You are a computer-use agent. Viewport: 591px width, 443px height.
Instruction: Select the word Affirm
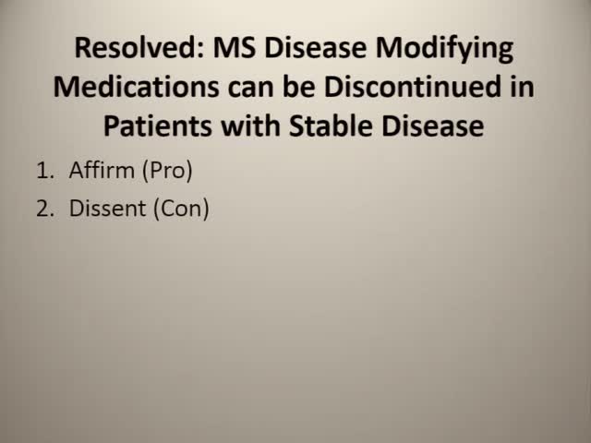pyautogui.click(x=102, y=171)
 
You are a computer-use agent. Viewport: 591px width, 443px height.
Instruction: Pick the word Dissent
pyautogui.click(x=107, y=209)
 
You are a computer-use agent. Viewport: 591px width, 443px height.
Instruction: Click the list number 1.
pyautogui.click(x=43, y=171)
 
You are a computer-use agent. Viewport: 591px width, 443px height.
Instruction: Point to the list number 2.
pyautogui.click(x=43, y=209)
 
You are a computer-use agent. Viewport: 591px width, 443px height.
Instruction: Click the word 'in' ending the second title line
pyautogui.click(x=524, y=88)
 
